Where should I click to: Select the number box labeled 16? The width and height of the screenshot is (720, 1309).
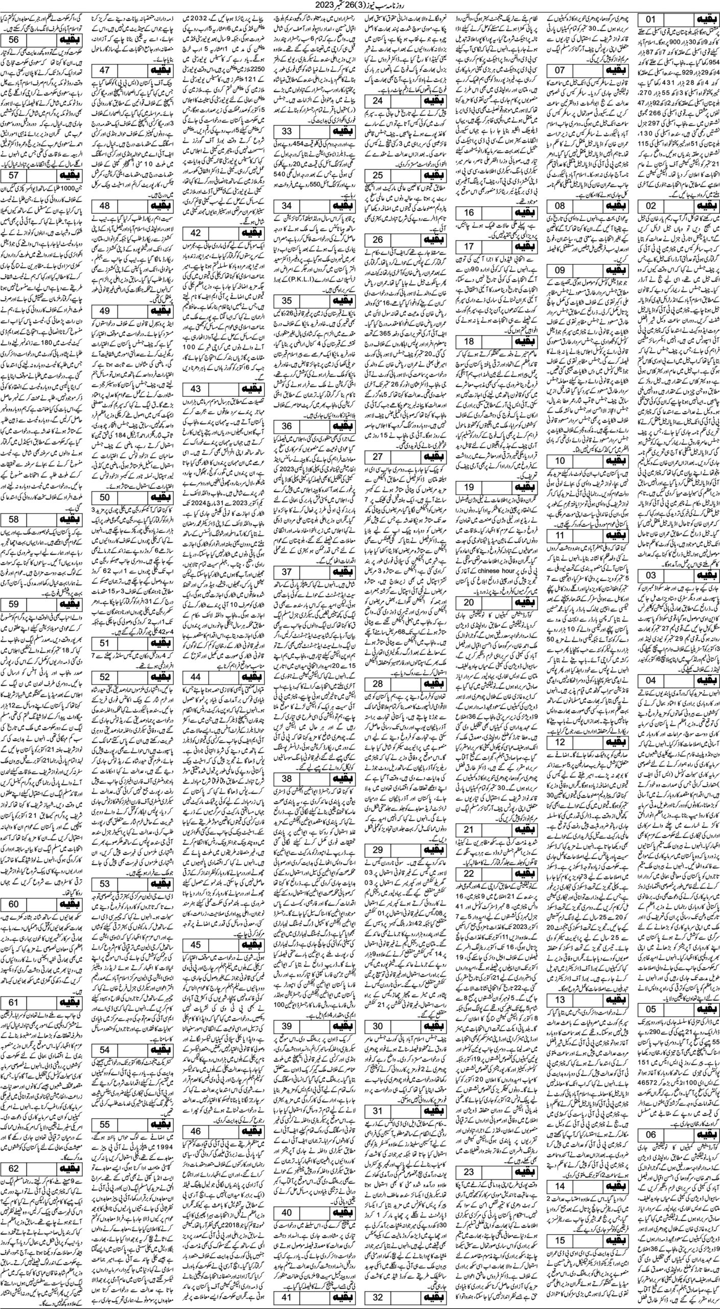[x=469, y=213]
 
